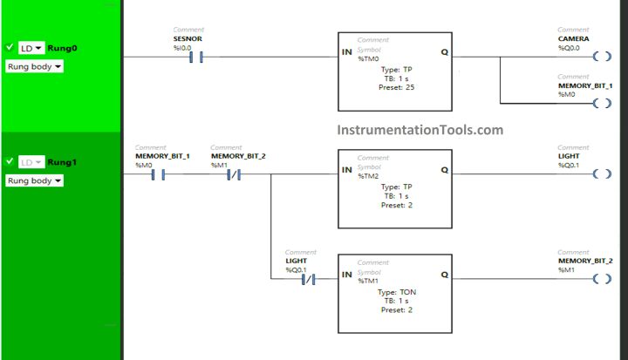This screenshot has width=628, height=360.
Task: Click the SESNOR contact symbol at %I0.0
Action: (196, 57)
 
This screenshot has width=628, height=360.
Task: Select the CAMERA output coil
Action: (601, 57)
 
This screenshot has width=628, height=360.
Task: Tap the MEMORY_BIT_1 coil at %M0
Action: (601, 104)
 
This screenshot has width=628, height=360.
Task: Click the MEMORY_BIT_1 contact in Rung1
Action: (158, 174)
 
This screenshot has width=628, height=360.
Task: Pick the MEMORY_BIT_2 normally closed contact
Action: (234, 174)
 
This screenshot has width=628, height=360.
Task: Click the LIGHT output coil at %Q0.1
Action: (601, 174)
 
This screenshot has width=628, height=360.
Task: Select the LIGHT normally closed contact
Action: (308, 279)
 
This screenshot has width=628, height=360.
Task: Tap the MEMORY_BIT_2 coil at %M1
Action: (601, 279)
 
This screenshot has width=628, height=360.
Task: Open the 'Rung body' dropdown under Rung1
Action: (34, 180)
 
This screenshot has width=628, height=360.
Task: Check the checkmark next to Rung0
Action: (10, 47)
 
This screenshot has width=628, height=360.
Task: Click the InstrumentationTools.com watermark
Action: (420, 130)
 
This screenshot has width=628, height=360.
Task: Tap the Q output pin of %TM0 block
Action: (444, 52)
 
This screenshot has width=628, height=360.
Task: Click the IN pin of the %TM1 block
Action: (346, 275)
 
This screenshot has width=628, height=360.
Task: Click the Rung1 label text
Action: (61, 162)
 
